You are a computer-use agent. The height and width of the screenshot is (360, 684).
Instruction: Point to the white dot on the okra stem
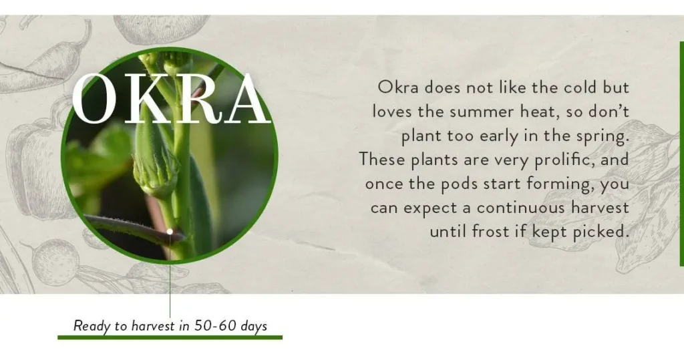coord(170,232)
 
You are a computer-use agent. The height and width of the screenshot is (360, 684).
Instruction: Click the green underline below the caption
coord(170,337)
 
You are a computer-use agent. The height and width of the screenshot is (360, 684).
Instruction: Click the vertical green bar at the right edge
coord(681,154)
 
